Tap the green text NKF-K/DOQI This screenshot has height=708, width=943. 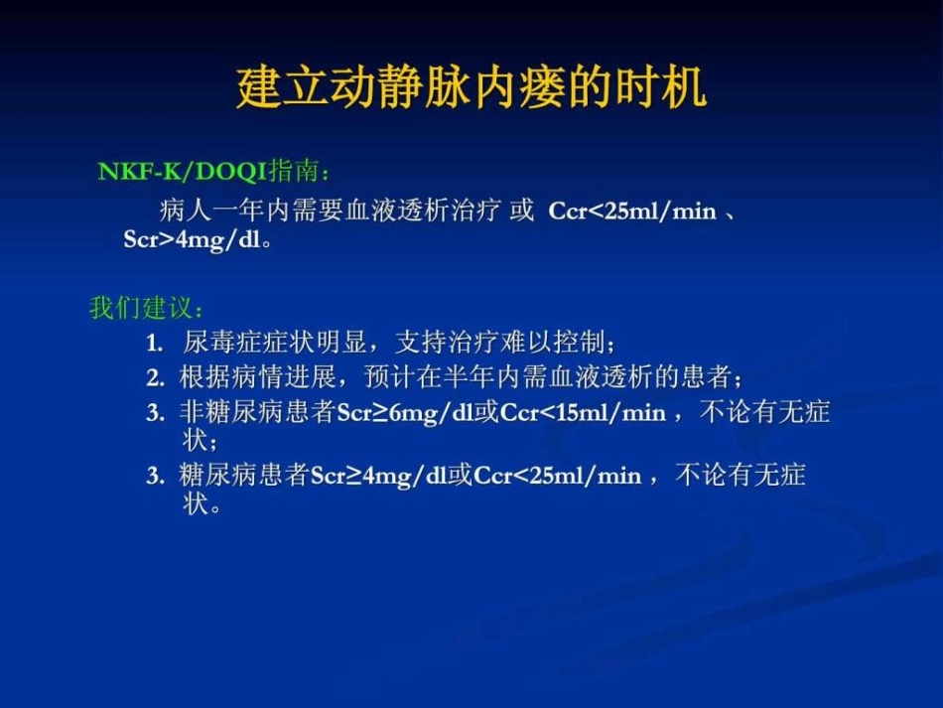[183, 172]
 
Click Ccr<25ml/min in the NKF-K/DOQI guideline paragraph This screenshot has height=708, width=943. [632, 212]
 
